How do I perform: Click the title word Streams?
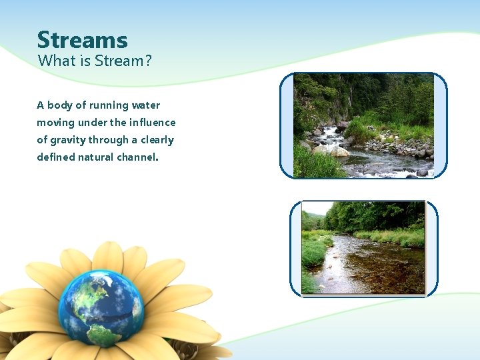point(82,40)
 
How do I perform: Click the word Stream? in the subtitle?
point(124,61)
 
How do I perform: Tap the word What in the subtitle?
point(53,61)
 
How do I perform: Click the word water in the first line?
point(146,105)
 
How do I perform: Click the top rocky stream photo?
point(363,125)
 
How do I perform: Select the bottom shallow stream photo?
point(363,248)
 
